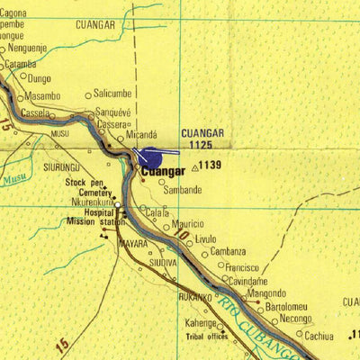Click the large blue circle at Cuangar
click(148, 157)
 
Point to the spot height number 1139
click(211, 165)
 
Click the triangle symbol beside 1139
click(194, 166)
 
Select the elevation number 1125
click(201, 144)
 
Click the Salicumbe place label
click(112, 93)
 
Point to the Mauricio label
click(188, 223)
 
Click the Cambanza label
click(228, 252)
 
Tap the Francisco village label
click(242, 267)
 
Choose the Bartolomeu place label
click(286, 306)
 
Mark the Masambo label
click(42, 95)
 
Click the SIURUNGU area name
click(62, 167)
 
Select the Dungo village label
click(40, 79)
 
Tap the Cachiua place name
click(319, 336)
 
